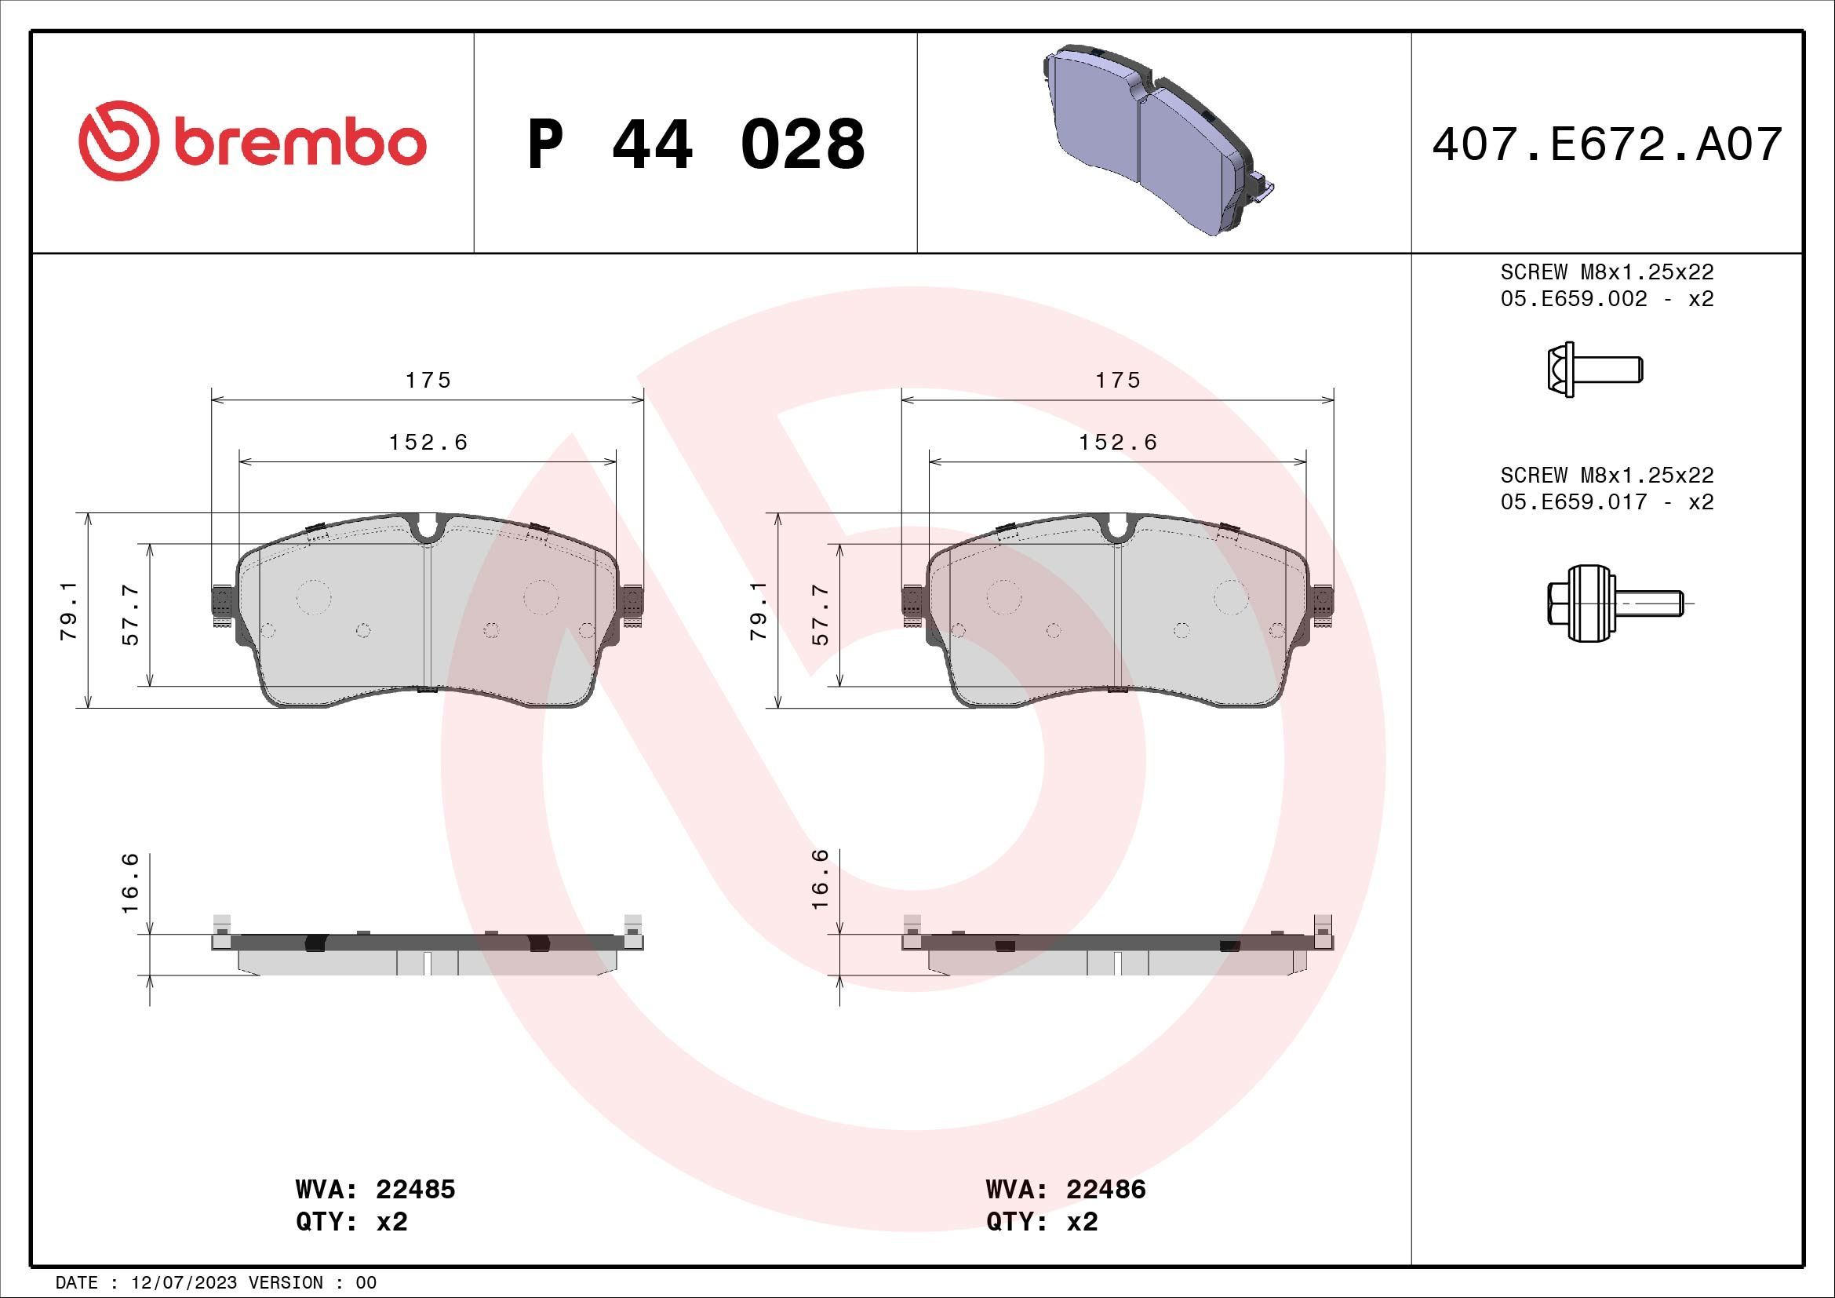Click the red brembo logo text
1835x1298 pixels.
296,144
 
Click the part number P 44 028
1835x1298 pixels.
696,144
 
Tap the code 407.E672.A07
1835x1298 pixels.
1607,144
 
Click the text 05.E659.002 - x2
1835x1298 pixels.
1607,299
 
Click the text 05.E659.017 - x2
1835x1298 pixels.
1607,502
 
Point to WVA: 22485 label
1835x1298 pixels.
375,1189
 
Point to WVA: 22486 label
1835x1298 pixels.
1065,1189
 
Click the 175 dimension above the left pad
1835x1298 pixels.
428,381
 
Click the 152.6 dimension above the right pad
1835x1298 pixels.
1118,442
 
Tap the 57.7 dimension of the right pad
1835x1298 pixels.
820,614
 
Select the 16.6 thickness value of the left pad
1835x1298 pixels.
130,883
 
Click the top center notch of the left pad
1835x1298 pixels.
428,529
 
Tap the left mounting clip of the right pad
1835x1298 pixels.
912,601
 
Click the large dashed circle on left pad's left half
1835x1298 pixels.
313,596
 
